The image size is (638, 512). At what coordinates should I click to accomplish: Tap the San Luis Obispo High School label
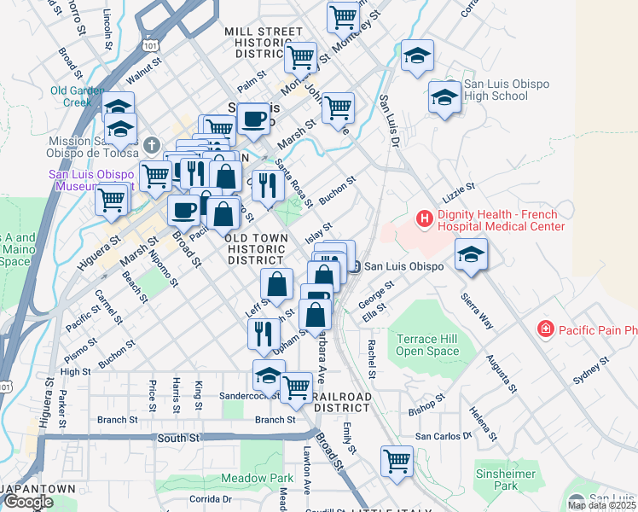coord(497,90)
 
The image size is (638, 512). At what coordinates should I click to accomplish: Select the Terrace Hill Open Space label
coord(426,345)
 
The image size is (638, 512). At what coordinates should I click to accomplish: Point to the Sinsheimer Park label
coord(506,480)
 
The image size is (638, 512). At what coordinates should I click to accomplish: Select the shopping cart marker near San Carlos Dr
coord(397,462)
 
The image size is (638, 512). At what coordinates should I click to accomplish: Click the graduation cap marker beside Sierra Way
coord(471,254)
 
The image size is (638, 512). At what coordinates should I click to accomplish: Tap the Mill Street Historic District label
coord(264,43)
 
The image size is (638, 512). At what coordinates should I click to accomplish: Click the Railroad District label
coord(342,403)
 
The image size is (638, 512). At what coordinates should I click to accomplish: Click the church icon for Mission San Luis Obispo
coord(152,143)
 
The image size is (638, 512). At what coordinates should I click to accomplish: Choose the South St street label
coord(178,438)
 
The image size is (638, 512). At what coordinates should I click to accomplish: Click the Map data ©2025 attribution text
coord(601,505)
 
